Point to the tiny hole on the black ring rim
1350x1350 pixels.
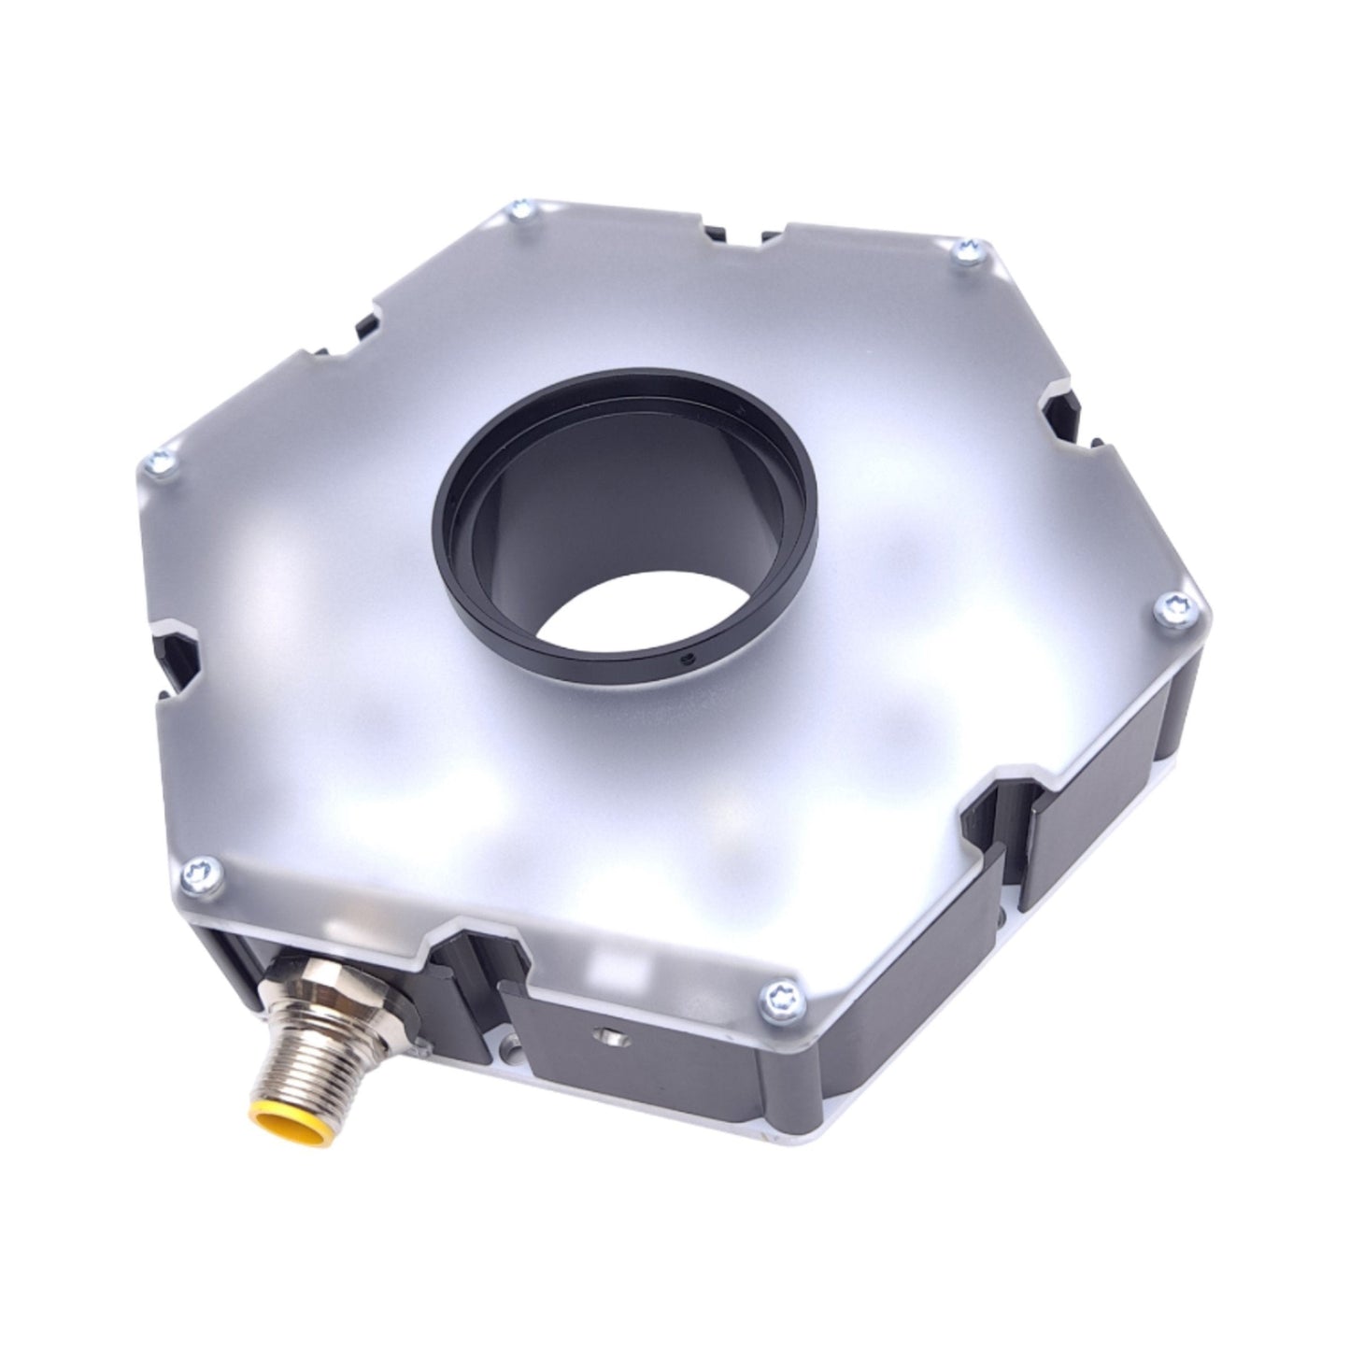(687, 657)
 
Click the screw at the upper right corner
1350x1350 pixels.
(966, 250)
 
